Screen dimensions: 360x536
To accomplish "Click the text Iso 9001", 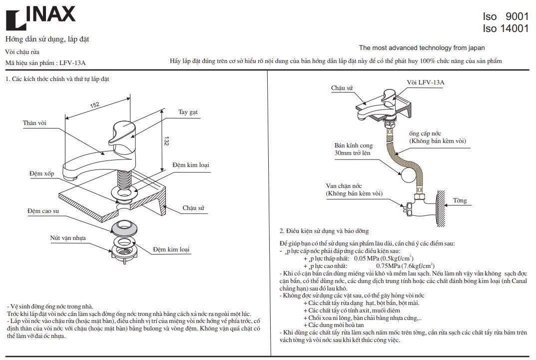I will [505, 16].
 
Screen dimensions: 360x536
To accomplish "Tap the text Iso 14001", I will [505, 28].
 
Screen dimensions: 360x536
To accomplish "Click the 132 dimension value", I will [166, 141].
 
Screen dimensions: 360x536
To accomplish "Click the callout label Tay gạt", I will [188, 112].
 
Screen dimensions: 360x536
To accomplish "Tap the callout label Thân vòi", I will [34, 123].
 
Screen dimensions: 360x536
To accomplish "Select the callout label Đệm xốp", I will [41, 173].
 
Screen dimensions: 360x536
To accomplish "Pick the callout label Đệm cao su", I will [43, 211].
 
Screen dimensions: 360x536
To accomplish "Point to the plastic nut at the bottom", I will [123, 252].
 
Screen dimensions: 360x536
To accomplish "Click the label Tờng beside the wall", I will [460, 200].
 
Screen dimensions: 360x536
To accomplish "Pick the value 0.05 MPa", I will [367, 258].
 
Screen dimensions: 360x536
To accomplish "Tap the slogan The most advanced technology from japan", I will [422, 48].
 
